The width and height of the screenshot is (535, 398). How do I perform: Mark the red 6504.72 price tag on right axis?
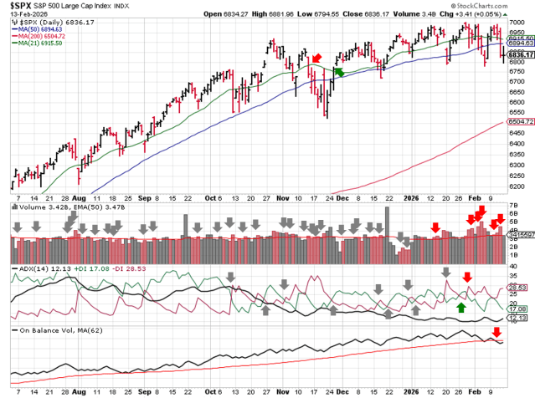click(x=522, y=121)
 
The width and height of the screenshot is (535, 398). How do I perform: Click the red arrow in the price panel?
click(x=316, y=58)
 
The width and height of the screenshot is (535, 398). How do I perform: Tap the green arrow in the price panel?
click(x=338, y=72)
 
